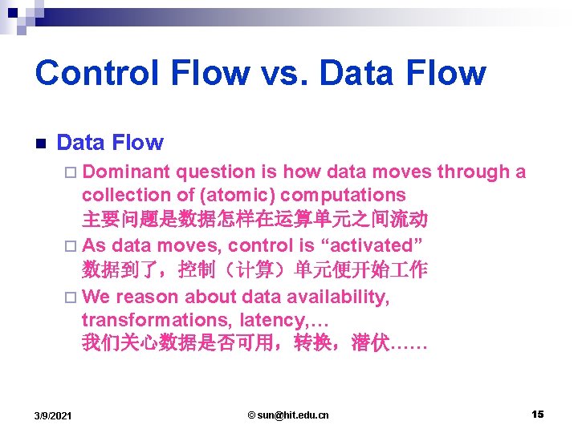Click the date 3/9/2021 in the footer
[53, 415]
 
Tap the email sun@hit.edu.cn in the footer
[288, 415]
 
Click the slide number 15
[537, 414]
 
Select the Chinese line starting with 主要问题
[254, 219]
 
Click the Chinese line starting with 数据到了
[254, 270]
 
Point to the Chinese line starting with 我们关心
[254, 344]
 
